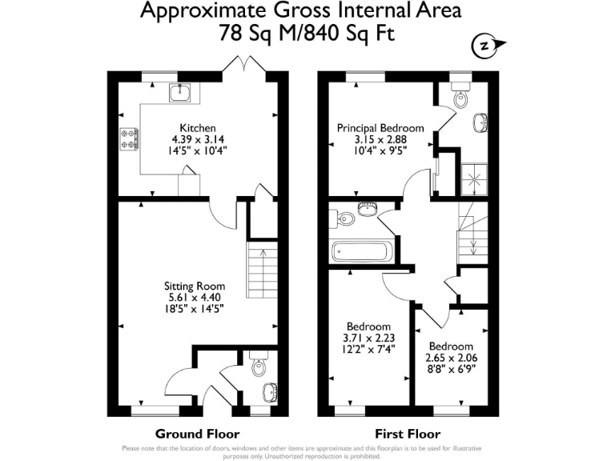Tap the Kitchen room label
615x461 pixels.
click(197, 128)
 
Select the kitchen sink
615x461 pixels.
click(182, 93)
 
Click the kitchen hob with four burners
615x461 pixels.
click(128, 138)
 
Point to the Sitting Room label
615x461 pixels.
click(195, 286)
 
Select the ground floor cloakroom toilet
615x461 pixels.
click(257, 365)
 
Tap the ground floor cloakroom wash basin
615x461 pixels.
click(270, 391)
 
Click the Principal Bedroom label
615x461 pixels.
click(380, 128)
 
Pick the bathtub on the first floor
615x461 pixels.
click(363, 252)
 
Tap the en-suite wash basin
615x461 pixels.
click(480, 122)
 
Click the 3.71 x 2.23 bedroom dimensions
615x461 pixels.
click(368, 339)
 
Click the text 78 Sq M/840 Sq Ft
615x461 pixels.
click(307, 34)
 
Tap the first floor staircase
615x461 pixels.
click(471, 232)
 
